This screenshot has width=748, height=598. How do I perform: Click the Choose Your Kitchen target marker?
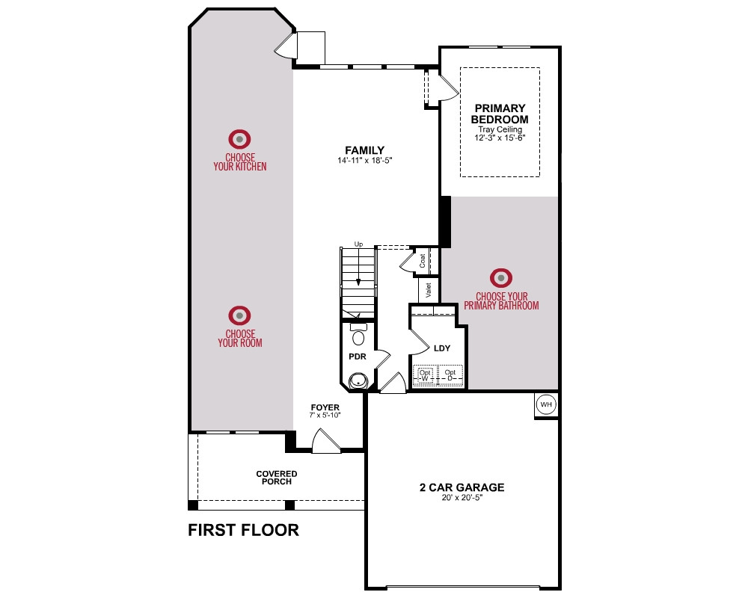click(239, 139)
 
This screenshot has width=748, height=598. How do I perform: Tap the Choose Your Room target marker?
click(239, 315)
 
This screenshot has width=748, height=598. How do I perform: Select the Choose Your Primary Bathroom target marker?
click(501, 278)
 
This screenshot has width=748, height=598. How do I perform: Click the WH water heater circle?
click(546, 404)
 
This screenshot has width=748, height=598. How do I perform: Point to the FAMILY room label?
click(364, 150)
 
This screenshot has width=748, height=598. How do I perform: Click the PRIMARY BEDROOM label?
click(500, 114)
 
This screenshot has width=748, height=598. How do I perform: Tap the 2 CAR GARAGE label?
click(462, 487)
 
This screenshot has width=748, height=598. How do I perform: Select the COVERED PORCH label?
click(277, 478)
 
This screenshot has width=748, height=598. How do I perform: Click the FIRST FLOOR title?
click(243, 530)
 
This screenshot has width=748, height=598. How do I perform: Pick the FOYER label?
click(325, 407)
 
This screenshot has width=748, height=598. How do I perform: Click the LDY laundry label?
click(442, 348)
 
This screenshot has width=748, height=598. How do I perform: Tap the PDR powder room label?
click(358, 357)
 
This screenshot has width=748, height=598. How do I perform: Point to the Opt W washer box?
click(425, 375)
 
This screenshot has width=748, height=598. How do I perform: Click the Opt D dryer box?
click(450, 375)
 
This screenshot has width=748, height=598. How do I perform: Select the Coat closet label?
click(422, 260)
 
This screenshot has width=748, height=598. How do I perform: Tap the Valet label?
click(428, 290)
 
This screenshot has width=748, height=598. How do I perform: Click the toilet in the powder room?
click(358, 334)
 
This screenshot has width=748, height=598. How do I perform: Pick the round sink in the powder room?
click(358, 381)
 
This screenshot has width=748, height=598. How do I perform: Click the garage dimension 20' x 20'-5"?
click(462, 498)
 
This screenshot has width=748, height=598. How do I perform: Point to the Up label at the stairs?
click(358, 244)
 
